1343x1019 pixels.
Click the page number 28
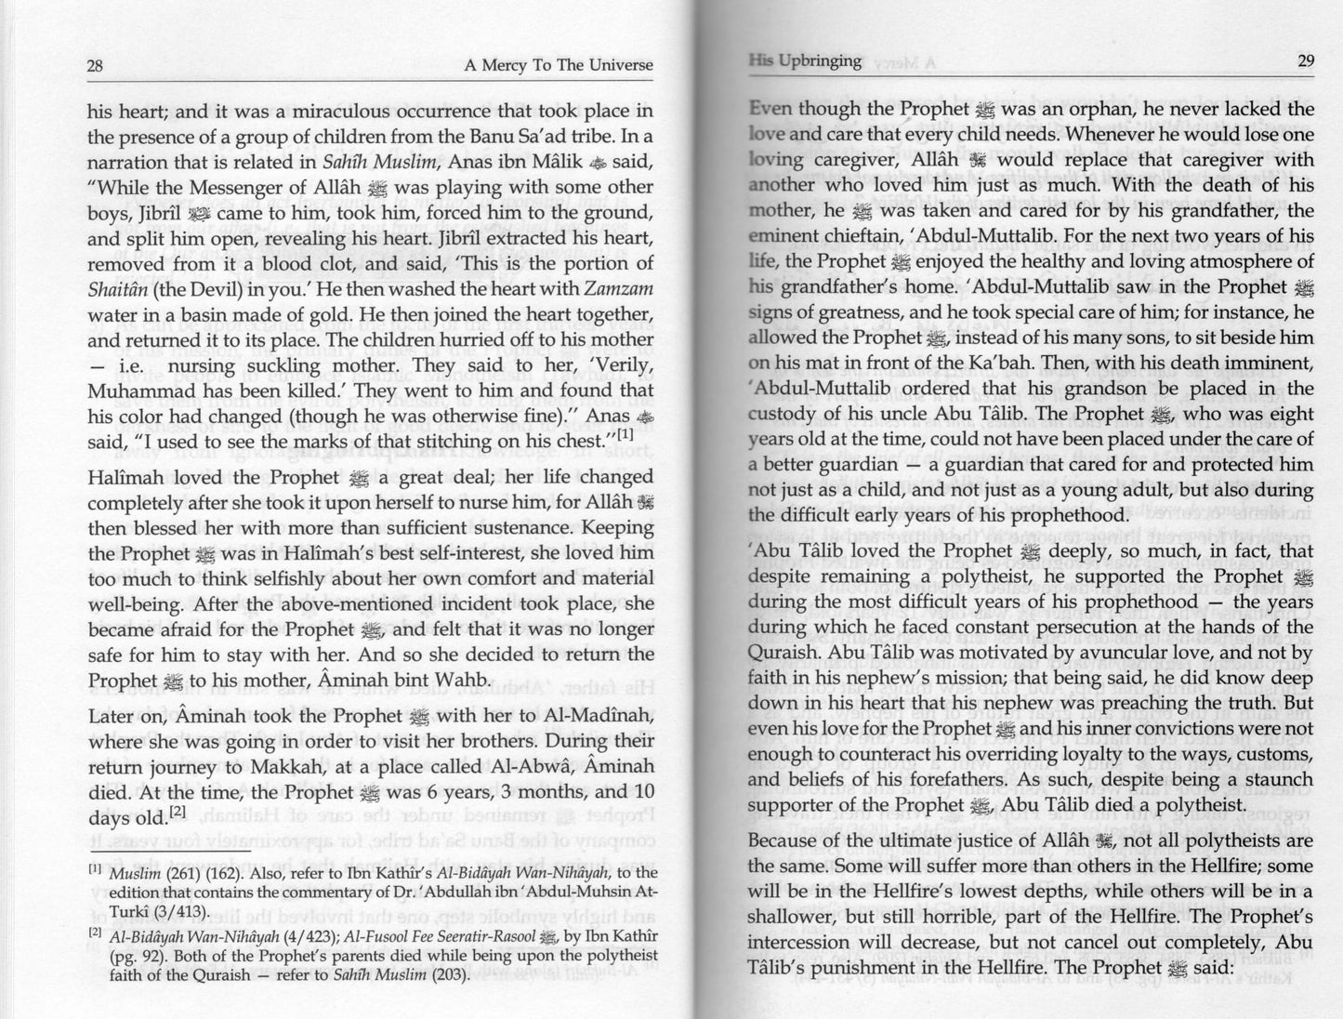coord(94,66)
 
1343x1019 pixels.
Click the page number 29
coord(1305,61)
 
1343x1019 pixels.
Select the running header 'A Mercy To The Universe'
coord(558,66)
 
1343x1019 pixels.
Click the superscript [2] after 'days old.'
coord(178,812)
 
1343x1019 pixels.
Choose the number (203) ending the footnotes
coord(451,974)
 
